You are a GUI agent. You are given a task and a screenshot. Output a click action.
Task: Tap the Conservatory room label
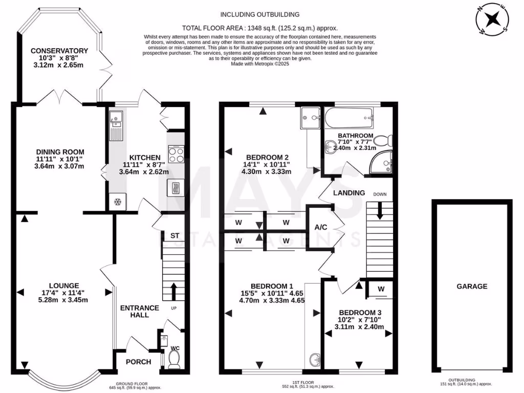click(x=59, y=51)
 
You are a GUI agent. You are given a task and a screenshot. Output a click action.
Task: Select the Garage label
click(x=472, y=287)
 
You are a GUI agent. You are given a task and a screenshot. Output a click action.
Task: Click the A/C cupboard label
click(x=321, y=227)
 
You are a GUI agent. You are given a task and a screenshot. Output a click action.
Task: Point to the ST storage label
click(x=174, y=236)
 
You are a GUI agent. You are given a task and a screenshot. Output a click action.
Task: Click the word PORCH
click(x=139, y=362)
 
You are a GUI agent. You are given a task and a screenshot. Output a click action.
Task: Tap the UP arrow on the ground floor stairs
click(x=174, y=292)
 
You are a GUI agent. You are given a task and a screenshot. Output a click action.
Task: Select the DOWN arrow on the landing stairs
click(x=380, y=209)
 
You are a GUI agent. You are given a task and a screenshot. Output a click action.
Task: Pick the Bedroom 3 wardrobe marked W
click(x=381, y=289)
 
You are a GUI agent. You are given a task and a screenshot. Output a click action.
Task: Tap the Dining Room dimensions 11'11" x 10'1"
click(x=60, y=159)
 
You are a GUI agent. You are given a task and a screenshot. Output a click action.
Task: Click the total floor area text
click(x=260, y=28)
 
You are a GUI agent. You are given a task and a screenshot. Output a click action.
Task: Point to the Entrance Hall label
click(x=139, y=311)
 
